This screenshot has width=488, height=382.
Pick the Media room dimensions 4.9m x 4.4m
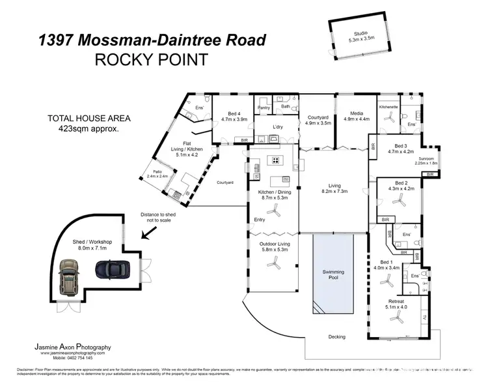[x=356, y=120]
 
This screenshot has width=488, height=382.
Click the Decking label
[x=336, y=337]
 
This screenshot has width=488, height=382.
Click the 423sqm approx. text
[x=88, y=129]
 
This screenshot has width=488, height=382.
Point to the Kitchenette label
[x=388, y=106]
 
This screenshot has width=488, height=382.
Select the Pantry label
[x=264, y=108]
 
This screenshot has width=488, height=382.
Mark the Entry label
[x=260, y=220]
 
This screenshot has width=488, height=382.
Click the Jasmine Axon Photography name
[x=72, y=347]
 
